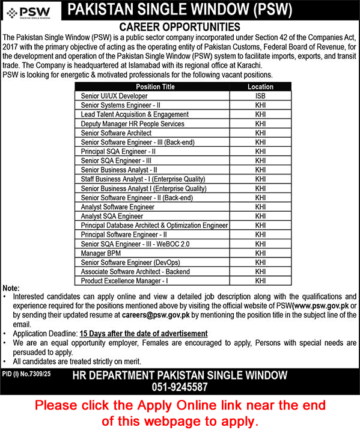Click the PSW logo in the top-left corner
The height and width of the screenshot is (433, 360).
coord(31,11)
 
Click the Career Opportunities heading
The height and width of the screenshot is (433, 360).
coord(180,27)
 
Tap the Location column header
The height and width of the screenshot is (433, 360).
coord(260,87)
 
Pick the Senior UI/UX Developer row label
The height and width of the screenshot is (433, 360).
coord(114,96)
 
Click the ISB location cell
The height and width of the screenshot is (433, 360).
coord(260,96)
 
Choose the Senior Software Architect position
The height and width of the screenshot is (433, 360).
coord(116,133)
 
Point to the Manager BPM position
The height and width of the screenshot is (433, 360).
coord(99,253)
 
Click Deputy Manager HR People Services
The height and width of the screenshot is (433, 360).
coord(132,123)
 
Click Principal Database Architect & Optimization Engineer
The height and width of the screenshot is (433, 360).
coord(154,226)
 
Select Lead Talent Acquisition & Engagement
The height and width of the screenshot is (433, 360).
coord(135,114)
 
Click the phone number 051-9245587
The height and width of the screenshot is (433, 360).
coord(180,387)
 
